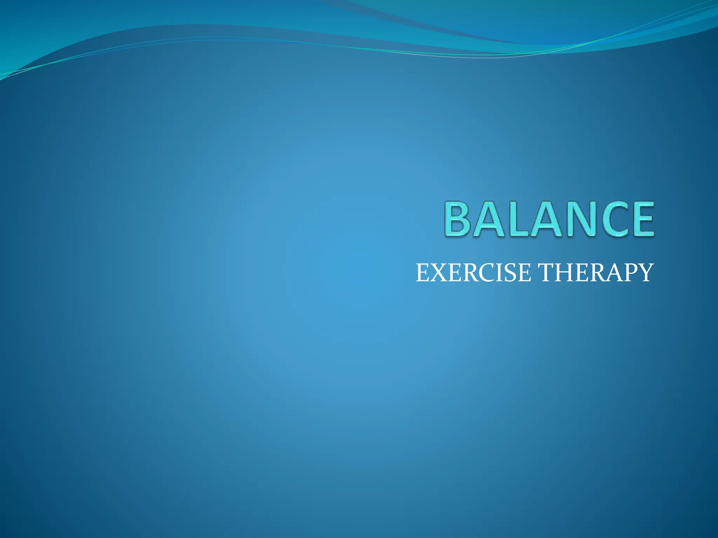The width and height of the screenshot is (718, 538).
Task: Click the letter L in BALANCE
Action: click(x=518, y=219)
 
